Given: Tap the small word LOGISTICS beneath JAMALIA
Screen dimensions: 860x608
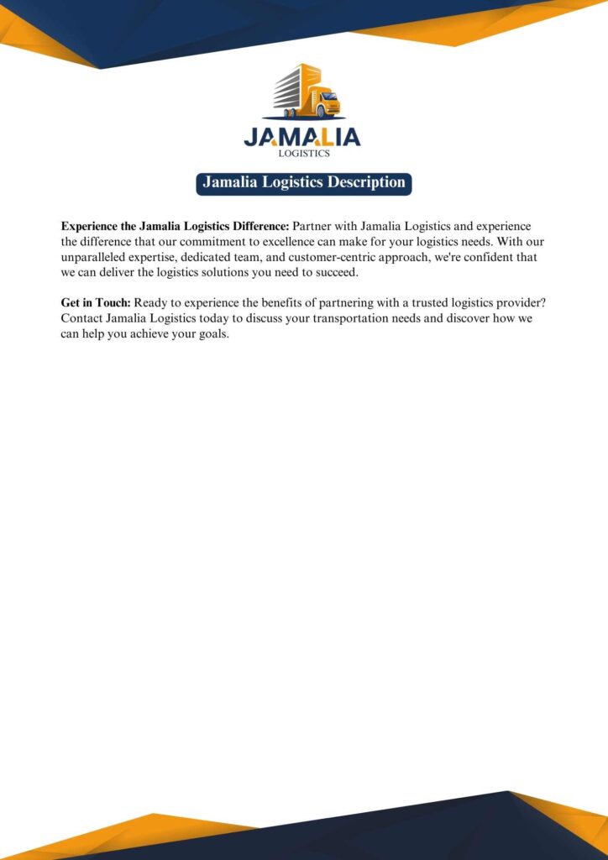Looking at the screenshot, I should (303, 154).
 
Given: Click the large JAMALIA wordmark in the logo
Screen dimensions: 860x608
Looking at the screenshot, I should (302, 137).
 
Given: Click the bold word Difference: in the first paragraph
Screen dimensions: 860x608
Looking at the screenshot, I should (258, 227).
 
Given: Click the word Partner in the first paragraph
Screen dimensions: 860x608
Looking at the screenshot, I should (312, 227).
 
